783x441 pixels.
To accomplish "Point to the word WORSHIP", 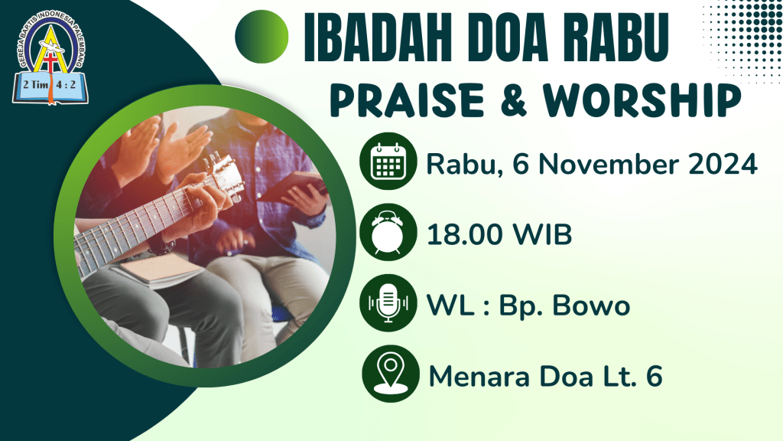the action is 642,100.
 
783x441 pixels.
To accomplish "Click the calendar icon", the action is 388,161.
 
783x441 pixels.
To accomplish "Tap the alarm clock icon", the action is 388,232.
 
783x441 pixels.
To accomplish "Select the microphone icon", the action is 388,303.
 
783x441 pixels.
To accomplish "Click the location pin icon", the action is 391,374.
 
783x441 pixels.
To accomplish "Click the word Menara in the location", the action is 479,377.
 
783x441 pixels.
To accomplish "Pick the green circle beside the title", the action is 262,37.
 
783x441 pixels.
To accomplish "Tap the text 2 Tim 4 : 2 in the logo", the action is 50,84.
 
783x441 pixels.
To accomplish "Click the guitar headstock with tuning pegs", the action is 224,176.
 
